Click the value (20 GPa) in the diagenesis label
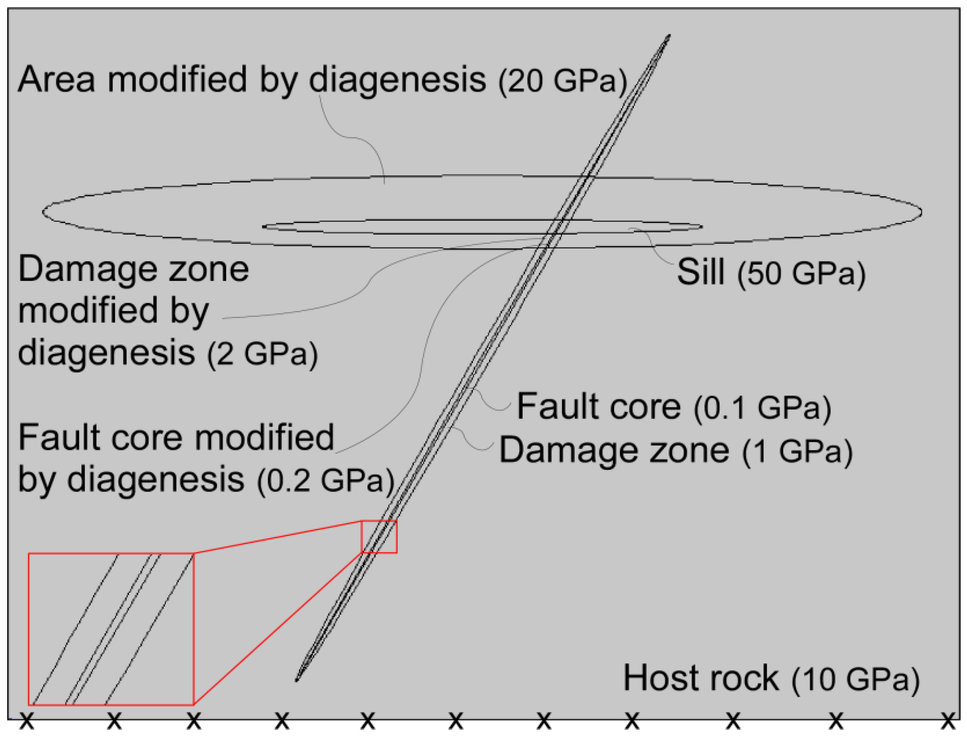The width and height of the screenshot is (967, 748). point(562,81)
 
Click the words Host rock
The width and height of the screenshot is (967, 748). point(701,678)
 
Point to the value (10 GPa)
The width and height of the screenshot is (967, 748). point(855,679)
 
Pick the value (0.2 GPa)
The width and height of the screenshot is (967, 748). point(326,480)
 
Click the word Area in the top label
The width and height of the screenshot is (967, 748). point(56,79)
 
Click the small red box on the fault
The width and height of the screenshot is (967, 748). point(379,536)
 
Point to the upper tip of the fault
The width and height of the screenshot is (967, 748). point(669,36)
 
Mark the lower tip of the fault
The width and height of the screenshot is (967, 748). point(297,679)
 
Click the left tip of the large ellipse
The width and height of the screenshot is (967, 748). point(43,212)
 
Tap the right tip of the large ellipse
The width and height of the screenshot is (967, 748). point(922,212)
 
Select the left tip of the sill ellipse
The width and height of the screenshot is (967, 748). point(263,226)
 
